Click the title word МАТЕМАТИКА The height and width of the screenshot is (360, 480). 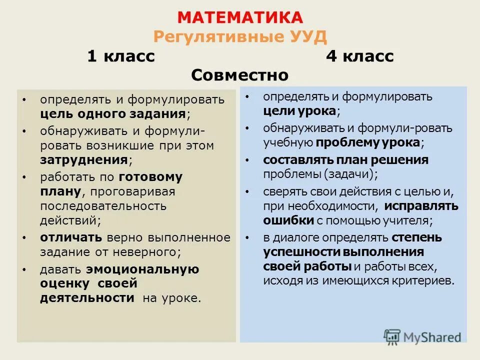(240, 17)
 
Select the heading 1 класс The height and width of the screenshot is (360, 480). (121, 56)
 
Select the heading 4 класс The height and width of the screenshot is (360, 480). (359, 56)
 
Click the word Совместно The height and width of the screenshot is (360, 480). (240, 75)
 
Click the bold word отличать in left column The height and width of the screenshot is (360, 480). (71, 237)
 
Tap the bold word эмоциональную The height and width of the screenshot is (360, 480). (142, 269)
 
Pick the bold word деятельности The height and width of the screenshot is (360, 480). (87, 298)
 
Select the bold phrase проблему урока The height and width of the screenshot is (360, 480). (367, 142)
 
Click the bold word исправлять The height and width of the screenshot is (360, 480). (420, 206)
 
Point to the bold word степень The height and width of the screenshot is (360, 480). (416, 237)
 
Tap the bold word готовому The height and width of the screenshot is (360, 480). (150, 177)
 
